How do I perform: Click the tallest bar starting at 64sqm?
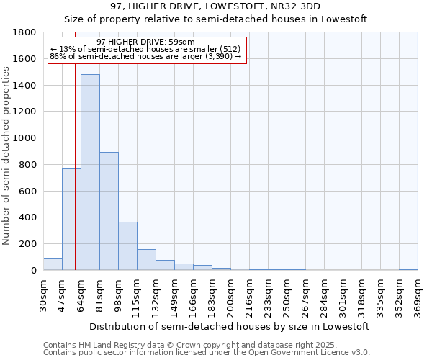coord(90,173)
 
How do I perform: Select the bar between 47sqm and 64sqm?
coord(71,220)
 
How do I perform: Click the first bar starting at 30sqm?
coord(53,264)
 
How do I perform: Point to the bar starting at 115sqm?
coord(146,260)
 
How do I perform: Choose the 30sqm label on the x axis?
coord(43,297)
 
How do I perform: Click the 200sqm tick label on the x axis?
coord(230,297)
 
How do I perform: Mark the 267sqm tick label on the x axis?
coord(305,297)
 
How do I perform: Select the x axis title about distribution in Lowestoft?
coord(230,326)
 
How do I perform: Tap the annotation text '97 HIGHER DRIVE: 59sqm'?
coord(145,42)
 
